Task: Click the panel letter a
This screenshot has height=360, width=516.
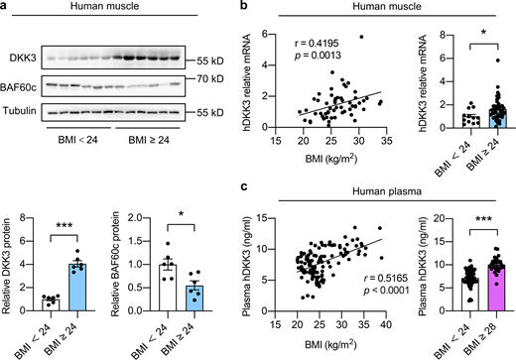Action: pos(7,8)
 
